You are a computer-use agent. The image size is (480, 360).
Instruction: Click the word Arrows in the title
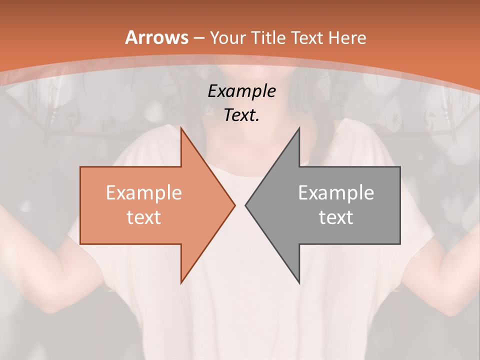pos(156,37)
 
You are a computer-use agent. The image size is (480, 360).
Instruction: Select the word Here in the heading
pos(348,37)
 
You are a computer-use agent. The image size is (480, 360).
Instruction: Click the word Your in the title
pos(227,37)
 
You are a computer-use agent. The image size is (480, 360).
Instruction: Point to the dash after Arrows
pos(198,38)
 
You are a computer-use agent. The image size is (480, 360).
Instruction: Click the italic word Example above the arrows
pos(241,91)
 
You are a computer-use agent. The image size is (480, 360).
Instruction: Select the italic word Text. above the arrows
pos(241,115)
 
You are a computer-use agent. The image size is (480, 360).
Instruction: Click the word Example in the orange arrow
pos(143,193)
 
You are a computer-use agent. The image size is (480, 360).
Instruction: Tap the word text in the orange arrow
pos(143,217)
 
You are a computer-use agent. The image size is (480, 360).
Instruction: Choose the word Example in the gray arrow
pos(336,193)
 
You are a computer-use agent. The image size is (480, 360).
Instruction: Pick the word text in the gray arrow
pos(336,217)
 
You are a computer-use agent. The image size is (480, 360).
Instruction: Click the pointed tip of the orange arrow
pos(234,205)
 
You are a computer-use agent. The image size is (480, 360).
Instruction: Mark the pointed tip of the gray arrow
pos(245,205)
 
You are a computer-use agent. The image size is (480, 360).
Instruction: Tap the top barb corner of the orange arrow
pos(181,128)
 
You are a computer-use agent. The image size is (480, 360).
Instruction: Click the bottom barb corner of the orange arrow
pos(181,283)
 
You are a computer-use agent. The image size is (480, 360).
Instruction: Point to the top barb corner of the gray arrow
pos(299,128)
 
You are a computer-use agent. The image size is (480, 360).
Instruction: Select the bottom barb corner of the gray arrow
pos(299,283)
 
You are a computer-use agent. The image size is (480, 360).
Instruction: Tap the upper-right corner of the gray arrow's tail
pos(400,167)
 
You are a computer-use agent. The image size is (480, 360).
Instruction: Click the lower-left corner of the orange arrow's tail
pos(80,244)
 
